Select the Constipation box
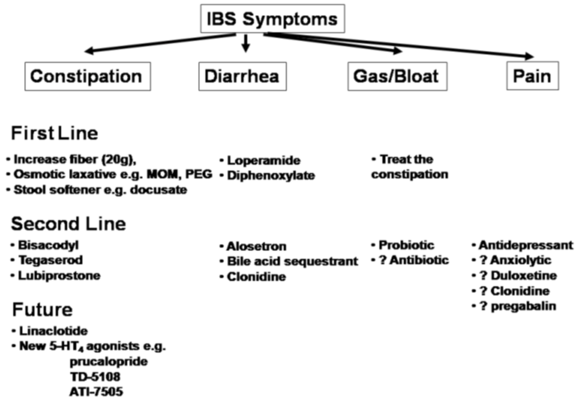click(x=86, y=77)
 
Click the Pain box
click(x=532, y=77)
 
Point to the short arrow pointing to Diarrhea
click(x=246, y=44)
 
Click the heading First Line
click(x=54, y=134)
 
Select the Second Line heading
click(x=68, y=224)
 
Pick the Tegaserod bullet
click(x=46, y=260)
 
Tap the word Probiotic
click(x=406, y=245)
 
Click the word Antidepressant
click(x=526, y=245)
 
